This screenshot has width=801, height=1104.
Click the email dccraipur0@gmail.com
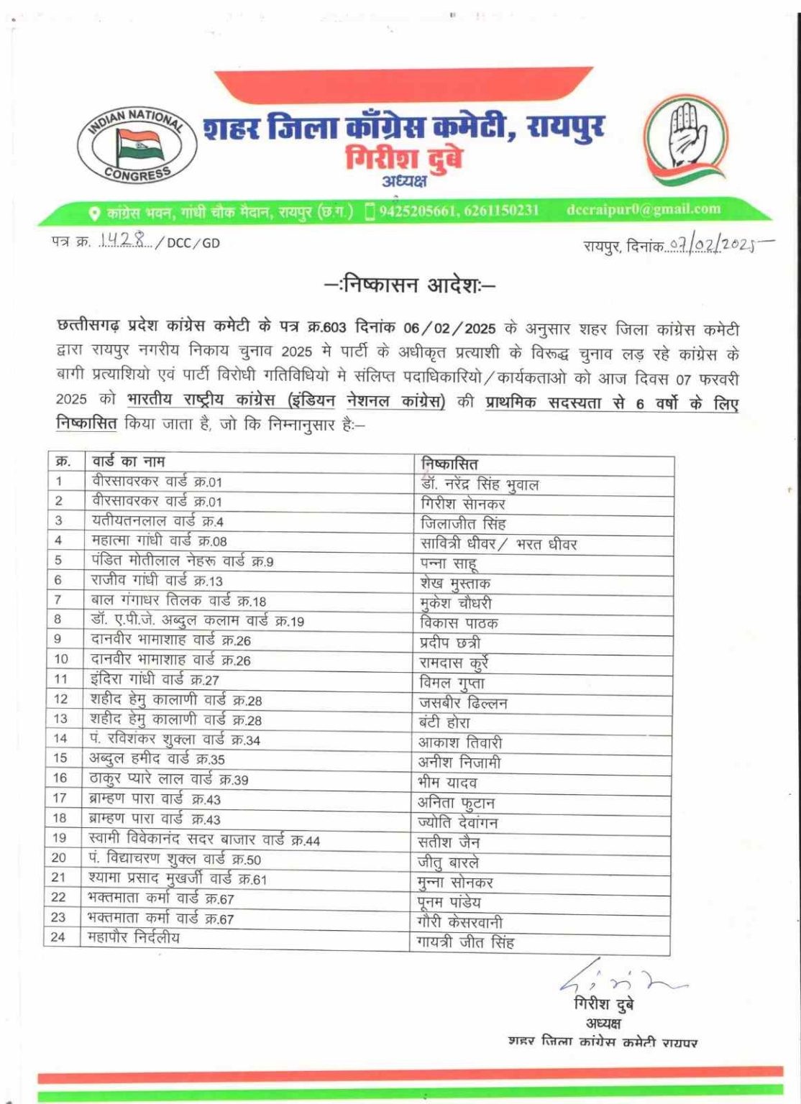point(643,209)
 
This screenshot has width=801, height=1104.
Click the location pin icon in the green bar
point(94,213)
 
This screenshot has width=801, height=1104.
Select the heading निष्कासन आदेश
point(410,285)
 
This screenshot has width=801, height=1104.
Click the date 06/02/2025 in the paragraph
point(449,328)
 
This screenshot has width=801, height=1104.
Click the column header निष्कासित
point(449,464)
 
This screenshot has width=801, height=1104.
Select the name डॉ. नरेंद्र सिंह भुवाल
point(480,484)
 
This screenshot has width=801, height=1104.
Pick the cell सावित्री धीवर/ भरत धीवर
point(498,544)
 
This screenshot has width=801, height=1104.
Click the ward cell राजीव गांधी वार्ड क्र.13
point(157,580)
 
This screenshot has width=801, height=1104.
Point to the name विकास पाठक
point(459,623)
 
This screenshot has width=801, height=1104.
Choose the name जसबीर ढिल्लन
point(463,703)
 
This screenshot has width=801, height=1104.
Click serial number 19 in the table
point(59,837)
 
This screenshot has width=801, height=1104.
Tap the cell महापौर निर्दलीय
point(134,937)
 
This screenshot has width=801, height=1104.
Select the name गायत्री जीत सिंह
point(465,942)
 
